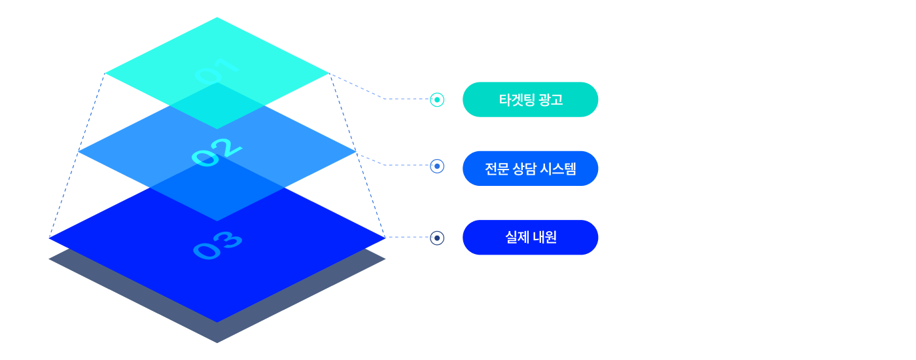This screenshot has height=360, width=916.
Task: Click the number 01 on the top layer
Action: coord(217,71)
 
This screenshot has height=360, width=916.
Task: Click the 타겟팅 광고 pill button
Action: coord(531,99)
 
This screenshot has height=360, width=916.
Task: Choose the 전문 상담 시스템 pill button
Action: coord(531,168)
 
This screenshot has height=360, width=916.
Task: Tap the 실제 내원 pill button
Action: coord(531,237)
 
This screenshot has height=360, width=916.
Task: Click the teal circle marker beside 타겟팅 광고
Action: coord(437,99)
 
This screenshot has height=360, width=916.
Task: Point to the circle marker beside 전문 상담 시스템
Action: coord(437,166)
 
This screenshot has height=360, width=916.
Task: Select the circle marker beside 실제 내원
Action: coord(437,237)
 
